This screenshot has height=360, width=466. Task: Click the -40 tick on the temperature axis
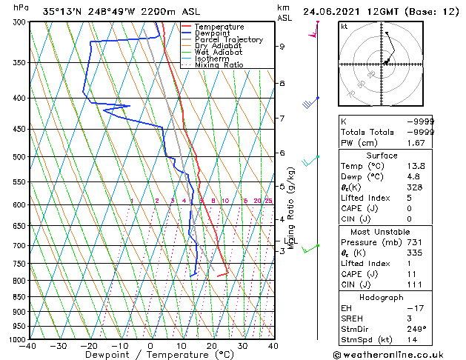[x=28, y=346]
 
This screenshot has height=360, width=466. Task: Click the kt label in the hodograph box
[x=344, y=26]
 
